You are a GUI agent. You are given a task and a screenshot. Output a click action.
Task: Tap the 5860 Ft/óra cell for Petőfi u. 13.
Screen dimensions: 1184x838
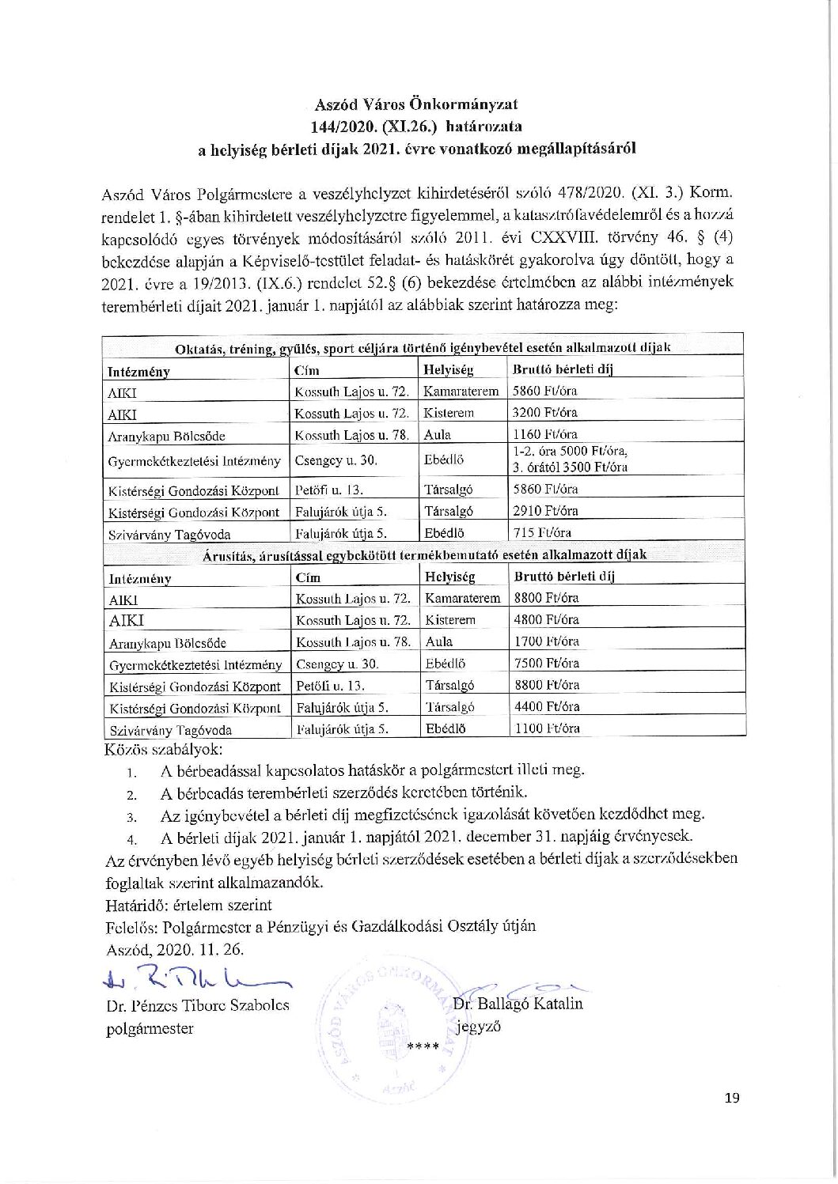545,489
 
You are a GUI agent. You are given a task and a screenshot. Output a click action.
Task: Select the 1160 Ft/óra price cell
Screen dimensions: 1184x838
545,433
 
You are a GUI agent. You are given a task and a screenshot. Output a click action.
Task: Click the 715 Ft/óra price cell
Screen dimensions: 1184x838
542,532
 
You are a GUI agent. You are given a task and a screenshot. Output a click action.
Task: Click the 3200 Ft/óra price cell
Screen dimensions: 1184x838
545,412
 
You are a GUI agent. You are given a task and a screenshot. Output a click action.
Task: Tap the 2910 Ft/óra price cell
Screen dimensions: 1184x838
545,510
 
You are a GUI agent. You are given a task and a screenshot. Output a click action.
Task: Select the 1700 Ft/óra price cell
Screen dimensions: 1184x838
546,641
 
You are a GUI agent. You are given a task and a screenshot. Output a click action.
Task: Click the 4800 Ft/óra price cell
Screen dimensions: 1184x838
546,619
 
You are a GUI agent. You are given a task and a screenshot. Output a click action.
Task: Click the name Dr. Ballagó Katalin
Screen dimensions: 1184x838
518,1004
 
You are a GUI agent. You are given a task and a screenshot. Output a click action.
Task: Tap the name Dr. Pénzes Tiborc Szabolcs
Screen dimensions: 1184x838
197,1005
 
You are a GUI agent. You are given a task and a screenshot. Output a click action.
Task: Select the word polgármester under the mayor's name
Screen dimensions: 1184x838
150,1028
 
